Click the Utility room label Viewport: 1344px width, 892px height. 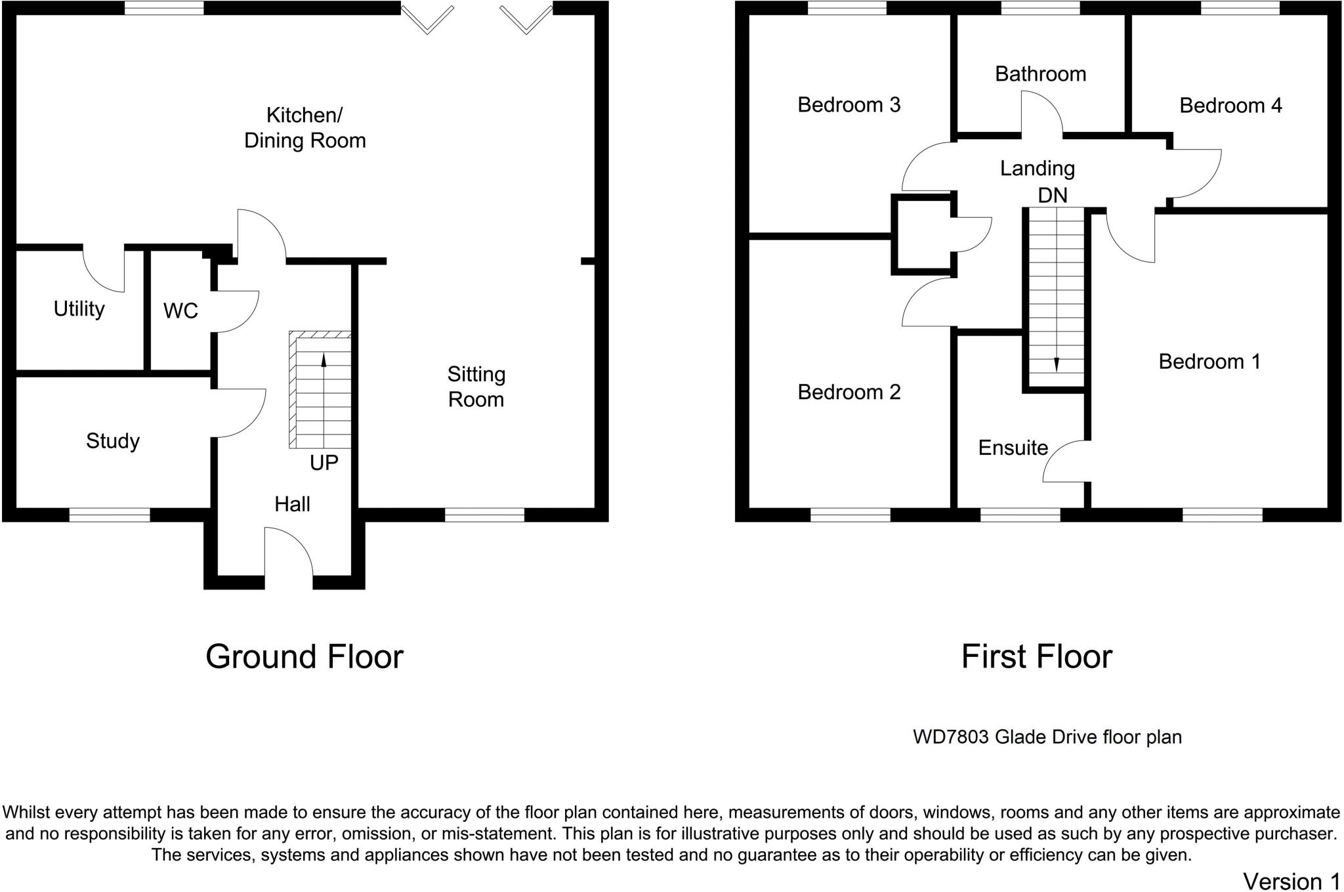79,309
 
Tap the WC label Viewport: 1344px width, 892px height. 180,310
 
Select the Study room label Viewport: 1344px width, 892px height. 113,441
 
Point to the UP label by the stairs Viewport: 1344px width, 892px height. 324,463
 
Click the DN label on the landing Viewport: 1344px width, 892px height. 1053,195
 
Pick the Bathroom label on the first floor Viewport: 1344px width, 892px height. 1040,74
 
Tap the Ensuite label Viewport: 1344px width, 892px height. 1013,448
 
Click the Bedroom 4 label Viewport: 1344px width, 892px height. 1230,105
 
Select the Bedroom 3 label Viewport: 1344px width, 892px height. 849,104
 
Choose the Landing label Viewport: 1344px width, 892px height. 1037,169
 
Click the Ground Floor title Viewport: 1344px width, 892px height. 304,656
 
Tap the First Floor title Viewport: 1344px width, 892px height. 1037,656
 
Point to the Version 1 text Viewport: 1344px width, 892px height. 1291,881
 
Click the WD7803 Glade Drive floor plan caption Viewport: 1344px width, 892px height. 1047,737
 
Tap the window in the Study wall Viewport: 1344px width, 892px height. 110,515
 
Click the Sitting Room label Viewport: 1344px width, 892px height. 476,387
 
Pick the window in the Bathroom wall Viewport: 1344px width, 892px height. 1040,8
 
